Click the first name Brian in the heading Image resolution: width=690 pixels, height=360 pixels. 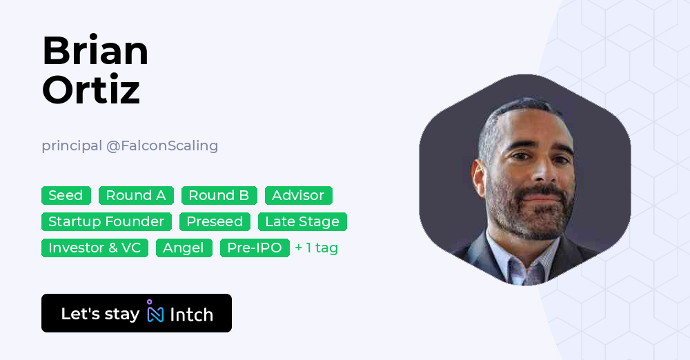point(95,51)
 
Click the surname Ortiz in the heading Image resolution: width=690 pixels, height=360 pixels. point(91,90)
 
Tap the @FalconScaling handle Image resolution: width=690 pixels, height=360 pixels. point(162,146)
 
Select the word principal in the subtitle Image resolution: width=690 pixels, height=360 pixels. point(71,146)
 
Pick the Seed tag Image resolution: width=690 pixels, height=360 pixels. point(66,195)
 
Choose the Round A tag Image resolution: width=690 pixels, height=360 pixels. point(136,195)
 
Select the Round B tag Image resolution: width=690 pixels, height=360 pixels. point(219,195)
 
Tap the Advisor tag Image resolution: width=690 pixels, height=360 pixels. point(298,195)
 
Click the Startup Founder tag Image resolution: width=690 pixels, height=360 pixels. point(106,221)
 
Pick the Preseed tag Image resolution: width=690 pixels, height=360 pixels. point(215,221)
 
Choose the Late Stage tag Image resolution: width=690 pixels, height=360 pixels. point(302,221)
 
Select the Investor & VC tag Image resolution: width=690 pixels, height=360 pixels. point(95,248)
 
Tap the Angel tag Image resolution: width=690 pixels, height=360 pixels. point(184,248)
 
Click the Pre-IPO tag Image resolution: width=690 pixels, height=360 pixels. point(255,248)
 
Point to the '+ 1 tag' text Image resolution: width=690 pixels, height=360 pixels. point(316,248)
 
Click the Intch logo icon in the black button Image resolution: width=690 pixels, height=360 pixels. point(155,312)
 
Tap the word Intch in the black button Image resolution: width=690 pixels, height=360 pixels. point(191,314)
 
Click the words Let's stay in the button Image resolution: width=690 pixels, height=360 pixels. point(100,314)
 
